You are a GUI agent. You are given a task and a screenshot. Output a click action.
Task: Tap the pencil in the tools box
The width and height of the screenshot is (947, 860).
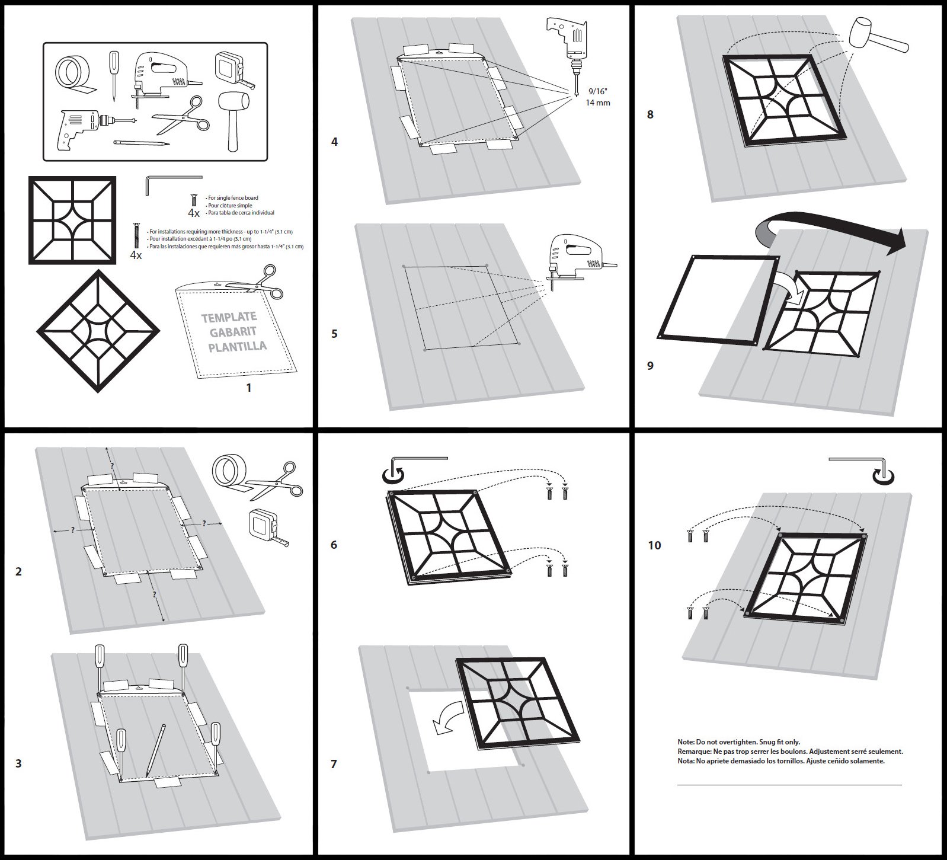(x=142, y=143)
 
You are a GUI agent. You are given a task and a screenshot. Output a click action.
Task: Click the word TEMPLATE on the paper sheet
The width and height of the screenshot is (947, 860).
(x=229, y=318)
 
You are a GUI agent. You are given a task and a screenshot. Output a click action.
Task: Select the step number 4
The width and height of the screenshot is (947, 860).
(x=334, y=142)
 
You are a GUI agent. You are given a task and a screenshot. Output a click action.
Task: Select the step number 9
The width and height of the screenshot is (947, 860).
(x=650, y=366)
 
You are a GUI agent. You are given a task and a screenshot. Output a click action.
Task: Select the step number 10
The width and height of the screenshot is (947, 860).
(x=654, y=545)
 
